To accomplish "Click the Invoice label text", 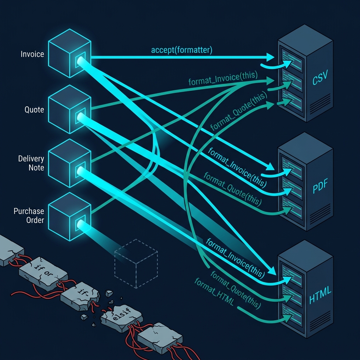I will tap(32, 54).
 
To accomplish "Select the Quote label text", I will tap(34, 110).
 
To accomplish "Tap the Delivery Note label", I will tap(31, 163).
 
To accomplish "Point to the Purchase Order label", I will tap(29, 216).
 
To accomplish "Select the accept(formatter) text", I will tap(182, 50).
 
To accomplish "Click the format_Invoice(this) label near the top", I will tap(223, 78).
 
